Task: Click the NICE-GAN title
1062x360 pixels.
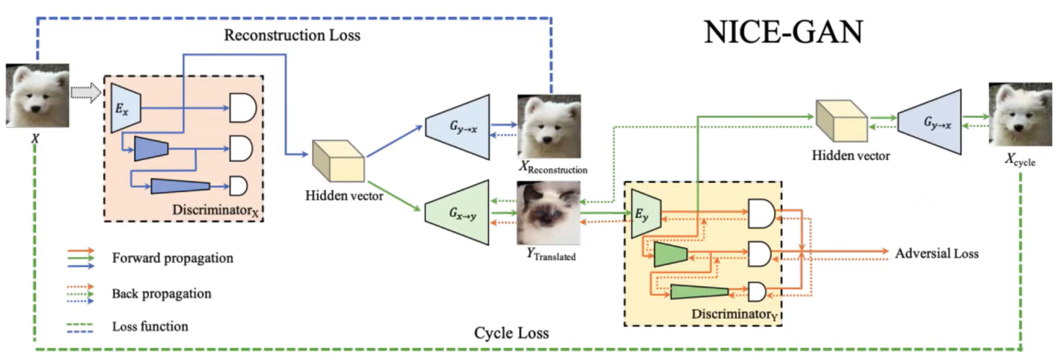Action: [x=783, y=32]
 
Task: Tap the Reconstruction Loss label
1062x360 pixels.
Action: [x=292, y=35]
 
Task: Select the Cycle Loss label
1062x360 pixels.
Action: [x=511, y=333]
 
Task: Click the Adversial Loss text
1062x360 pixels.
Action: [x=936, y=254]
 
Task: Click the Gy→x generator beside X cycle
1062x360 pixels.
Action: [x=931, y=122]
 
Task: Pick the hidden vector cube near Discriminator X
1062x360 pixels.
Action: [x=338, y=161]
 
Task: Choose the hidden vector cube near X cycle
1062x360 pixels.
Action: [x=841, y=120]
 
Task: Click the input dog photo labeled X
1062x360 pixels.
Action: [x=37, y=96]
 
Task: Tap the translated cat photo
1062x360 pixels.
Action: [x=548, y=213]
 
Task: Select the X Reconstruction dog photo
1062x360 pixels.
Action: [x=549, y=126]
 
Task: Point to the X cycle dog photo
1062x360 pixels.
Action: [x=1020, y=114]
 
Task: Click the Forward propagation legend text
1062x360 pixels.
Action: [x=173, y=258]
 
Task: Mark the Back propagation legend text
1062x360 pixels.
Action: [x=161, y=294]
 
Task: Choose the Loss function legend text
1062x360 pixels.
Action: [x=150, y=327]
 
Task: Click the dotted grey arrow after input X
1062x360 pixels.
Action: [x=85, y=92]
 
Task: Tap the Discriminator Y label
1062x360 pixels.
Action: [x=734, y=314]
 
